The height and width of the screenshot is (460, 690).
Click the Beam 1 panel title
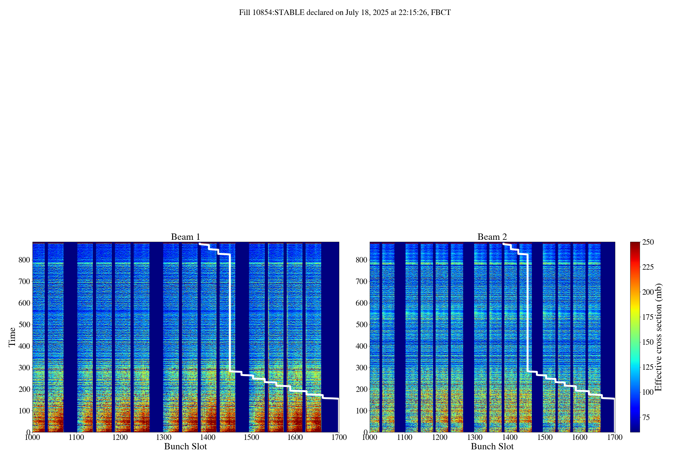185,237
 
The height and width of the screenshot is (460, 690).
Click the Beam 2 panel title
492,237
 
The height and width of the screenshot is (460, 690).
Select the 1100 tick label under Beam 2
405,437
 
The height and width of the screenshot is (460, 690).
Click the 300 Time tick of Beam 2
362,368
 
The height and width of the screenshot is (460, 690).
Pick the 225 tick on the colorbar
648,267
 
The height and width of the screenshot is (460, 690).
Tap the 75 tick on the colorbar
646,417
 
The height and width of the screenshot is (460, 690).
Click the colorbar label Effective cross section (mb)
658,337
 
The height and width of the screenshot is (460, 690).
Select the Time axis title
12,337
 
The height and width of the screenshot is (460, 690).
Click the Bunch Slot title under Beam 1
185,446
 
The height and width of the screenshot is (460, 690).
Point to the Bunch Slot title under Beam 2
492,446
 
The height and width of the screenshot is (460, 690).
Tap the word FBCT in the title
441,13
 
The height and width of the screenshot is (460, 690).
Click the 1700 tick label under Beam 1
339,437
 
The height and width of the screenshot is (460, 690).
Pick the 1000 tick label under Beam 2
370,437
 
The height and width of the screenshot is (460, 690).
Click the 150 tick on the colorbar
648,342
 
